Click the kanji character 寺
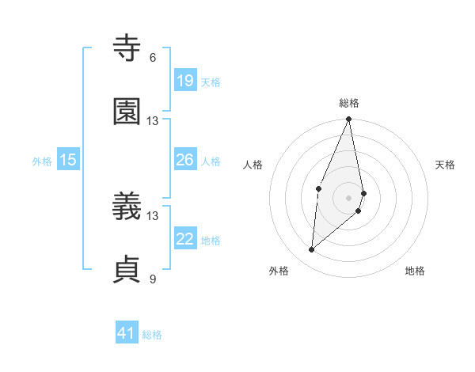coord(127,49)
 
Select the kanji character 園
coord(127,112)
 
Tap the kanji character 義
coord(127,207)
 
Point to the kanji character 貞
coord(127,270)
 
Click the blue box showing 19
coord(184,81)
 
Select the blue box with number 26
coord(184,160)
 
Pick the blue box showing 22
coord(184,239)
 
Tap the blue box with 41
coord(127,334)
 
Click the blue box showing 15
coord(68,160)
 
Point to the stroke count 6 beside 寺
coord(153,58)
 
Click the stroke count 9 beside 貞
coord(153,279)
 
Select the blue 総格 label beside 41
coord(152,335)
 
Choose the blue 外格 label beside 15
coord(42,161)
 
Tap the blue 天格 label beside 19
coord(211,82)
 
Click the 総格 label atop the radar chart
coord(349,103)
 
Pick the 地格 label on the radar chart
coord(415,271)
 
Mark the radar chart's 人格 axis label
coord(253,165)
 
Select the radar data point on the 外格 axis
coord(312,250)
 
